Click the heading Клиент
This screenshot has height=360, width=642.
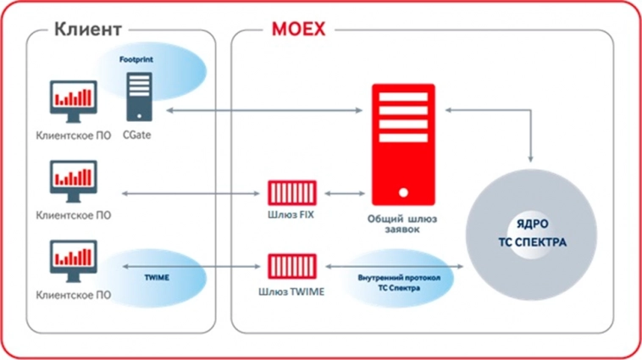click(88, 29)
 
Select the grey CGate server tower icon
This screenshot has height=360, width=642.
click(140, 96)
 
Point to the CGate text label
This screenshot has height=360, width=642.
click(140, 135)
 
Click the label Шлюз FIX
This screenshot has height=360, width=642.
click(291, 216)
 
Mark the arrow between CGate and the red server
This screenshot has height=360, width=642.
click(263, 110)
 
